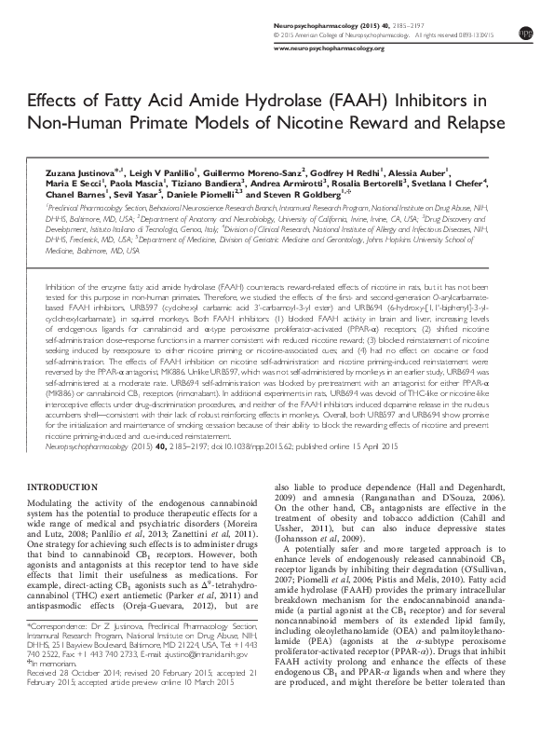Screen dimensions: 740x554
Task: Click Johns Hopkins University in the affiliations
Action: [389, 238]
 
